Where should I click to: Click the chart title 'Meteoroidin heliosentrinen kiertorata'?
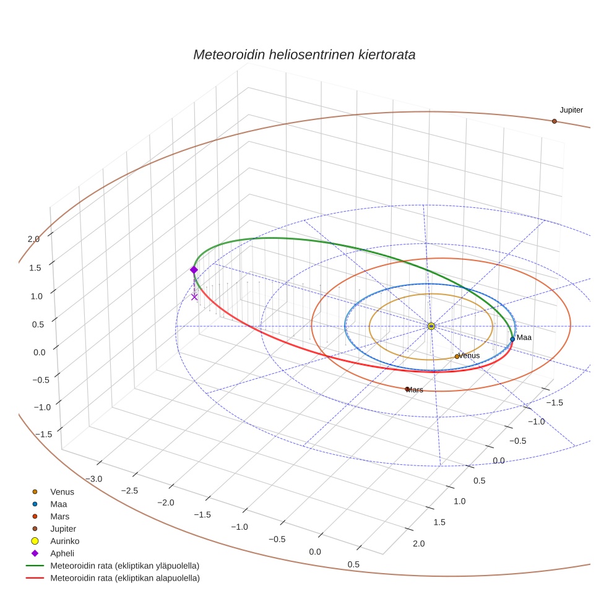(x=304, y=54)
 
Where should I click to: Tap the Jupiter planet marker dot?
(x=554, y=121)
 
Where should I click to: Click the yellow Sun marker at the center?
(x=431, y=326)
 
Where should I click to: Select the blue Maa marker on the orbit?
(x=512, y=339)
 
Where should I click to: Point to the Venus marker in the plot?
(x=457, y=356)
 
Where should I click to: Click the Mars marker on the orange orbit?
(x=407, y=389)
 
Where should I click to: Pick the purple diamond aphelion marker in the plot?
(x=194, y=270)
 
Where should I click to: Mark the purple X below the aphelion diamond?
(x=194, y=297)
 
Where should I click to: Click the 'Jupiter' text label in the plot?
(x=571, y=110)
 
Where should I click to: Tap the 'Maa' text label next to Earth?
(x=524, y=337)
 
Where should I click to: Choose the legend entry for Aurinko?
(x=64, y=541)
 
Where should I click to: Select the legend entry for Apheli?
(x=62, y=553)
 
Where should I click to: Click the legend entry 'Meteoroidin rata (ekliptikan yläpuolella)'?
(x=124, y=566)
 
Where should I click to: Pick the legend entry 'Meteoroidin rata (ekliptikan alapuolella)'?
(x=124, y=578)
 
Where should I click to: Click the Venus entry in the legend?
(x=62, y=491)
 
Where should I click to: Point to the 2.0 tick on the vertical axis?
(x=33, y=239)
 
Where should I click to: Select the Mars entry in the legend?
(x=59, y=516)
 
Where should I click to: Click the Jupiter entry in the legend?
(x=63, y=529)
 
